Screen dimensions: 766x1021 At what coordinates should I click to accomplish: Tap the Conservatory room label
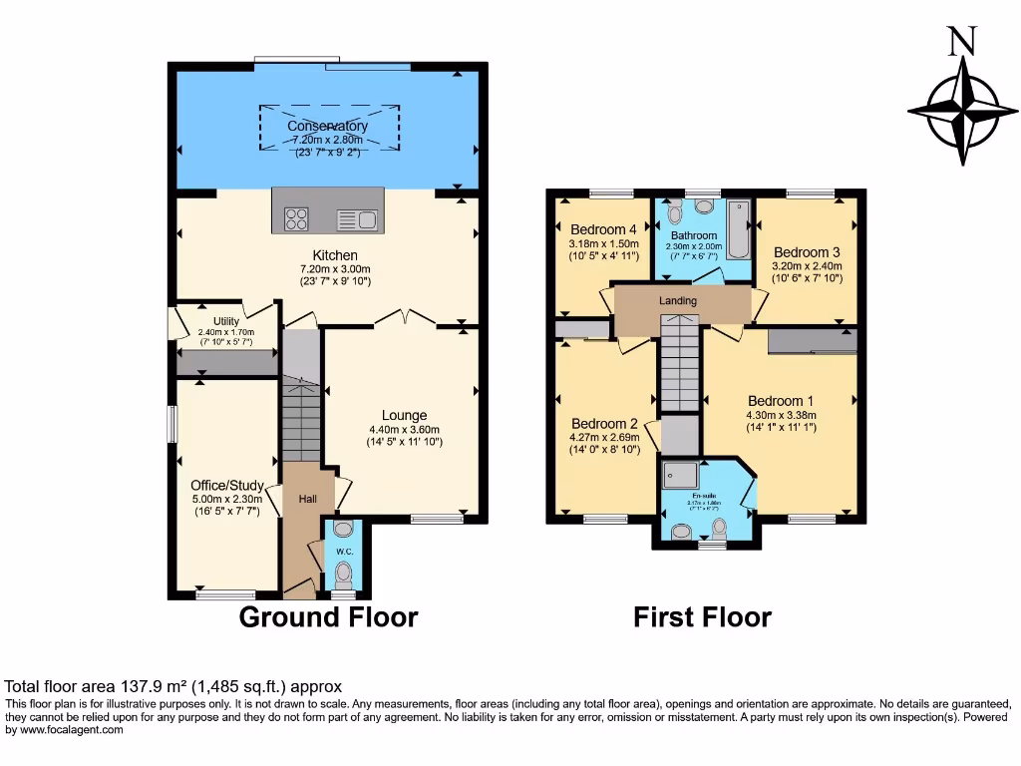(x=327, y=127)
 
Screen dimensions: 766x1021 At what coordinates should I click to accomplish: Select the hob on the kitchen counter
(x=297, y=217)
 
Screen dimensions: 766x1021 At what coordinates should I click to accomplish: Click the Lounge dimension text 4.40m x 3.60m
(x=404, y=430)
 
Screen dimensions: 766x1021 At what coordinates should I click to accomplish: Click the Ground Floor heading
(x=328, y=617)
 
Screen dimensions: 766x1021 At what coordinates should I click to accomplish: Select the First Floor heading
(x=702, y=617)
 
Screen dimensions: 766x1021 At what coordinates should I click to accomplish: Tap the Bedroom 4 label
(x=602, y=228)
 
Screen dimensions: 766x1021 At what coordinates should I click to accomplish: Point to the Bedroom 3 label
(x=807, y=251)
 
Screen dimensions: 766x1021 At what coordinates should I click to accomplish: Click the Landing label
(x=678, y=300)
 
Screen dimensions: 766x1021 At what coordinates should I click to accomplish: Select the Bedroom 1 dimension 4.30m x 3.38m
(x=781, y=416)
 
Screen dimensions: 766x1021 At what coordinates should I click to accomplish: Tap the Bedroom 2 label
(x=602, y=422)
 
